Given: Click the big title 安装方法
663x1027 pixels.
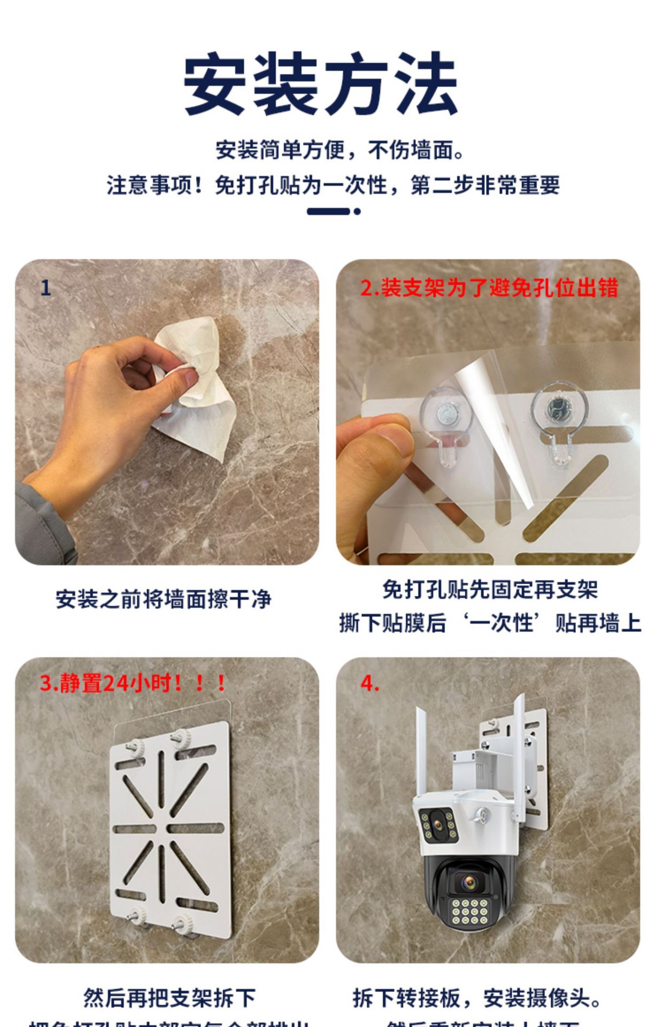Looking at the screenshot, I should pyautogui.click(x=321, y=85).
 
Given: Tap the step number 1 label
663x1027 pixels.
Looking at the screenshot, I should pyautogui.click(x=45, y=288).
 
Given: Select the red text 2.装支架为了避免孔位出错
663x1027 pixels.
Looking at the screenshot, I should pyautogui.click(x=489, y=288).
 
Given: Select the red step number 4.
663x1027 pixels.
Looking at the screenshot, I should pyautogui.click(x=369, y=684).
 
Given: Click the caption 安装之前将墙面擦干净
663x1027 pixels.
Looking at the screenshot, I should pyautogui.click(x=164, y=599).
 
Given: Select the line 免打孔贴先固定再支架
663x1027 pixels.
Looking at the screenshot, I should pyautogui.click(x=490, y=590).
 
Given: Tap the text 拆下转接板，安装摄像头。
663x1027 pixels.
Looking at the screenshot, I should pyautogui.click(x=477, y=998).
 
